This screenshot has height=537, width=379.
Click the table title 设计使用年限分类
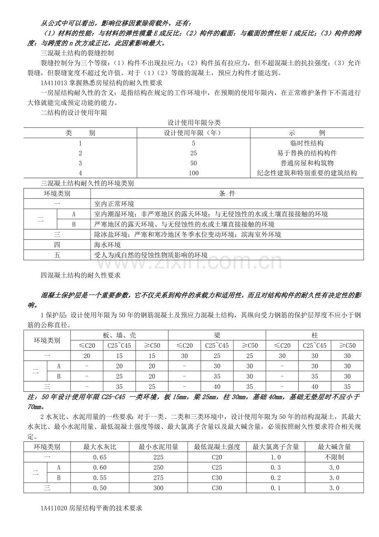[x=194, y=122]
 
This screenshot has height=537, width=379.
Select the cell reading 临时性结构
[x=307, y=143]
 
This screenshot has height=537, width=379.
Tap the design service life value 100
[x=194, y=173]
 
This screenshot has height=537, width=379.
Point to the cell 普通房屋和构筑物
[x=307, y=163]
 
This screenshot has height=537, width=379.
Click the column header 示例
[x=307, y=133]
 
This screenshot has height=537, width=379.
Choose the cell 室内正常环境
[x=114, y=204]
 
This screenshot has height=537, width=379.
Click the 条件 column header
[x=227, y=193]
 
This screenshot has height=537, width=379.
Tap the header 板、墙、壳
[x=119, y=335]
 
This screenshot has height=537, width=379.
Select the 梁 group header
[x=217, y=335]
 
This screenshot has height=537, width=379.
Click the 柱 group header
[x=315, y=335]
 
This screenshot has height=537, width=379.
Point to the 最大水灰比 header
[x=100, y=447]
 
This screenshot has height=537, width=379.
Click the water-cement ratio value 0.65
[x=100, y=457]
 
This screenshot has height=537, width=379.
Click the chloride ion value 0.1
[x=276, y=488]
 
